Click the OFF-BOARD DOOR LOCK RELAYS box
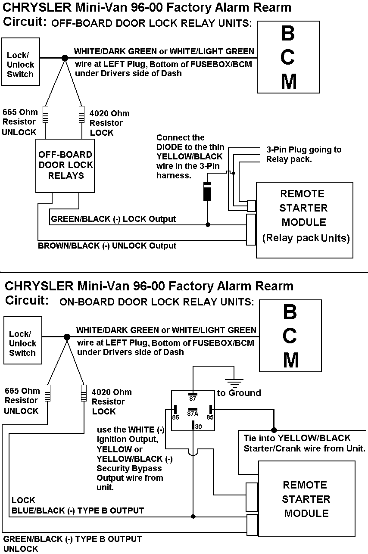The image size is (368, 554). click(65, 165)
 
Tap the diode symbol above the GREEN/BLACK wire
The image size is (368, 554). click(207, 191)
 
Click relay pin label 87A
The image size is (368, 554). click(193, 414)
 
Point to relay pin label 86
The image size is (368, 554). click(175, 417)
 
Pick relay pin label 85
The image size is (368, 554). click(210, 417)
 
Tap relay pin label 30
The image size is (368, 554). click(197, 426)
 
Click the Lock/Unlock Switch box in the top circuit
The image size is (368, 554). click(20, 65)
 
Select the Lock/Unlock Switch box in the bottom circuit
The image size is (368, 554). click(22, 343)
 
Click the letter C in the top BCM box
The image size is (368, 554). click(288, 56)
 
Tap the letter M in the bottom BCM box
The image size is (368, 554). click(291, 360)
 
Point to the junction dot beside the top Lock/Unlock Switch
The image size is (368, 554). click(65, 58)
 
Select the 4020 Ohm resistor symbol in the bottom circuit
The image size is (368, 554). click(84, 393)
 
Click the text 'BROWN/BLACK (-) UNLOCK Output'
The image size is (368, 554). click(107, 246)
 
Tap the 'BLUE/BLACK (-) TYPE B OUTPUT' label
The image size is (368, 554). click(78, 511)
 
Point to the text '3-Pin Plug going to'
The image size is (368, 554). click(304, 149)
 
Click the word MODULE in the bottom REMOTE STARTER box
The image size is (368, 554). click(306, 514)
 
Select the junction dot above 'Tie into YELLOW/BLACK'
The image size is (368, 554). click(274, 430)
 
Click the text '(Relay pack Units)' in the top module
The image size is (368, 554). click(306, 238)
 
